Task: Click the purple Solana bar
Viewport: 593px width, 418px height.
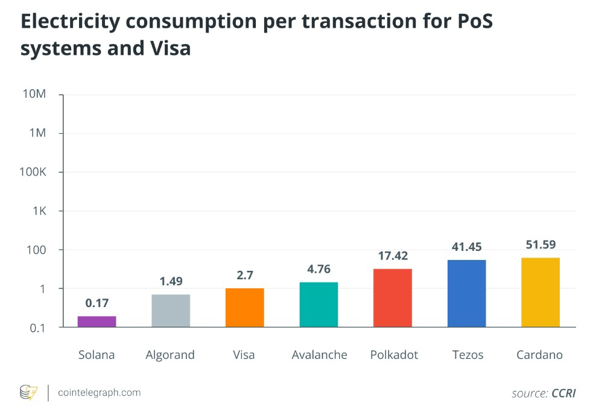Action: tap(97, 321)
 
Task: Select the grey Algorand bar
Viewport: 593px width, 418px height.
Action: tap(171, 311)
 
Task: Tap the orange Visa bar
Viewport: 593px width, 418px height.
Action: tap(244, 308)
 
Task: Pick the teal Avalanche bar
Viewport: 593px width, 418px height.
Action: tap(319, 305)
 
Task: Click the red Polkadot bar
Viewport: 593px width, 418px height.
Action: tap(393, 298)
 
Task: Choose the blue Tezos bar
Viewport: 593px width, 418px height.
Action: tap(466, 293)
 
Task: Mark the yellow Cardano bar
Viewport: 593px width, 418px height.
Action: tap(541, 292)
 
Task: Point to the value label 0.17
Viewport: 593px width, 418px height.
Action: tap(97, 303)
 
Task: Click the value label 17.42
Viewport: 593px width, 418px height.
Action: tap(393, 256)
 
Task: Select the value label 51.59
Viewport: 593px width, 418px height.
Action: tap(541, 244)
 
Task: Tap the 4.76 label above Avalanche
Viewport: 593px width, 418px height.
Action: tap(319, 269)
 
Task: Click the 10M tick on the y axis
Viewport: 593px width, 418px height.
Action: tap(34, 95)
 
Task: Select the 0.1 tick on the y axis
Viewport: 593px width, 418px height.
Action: tap(36, 328)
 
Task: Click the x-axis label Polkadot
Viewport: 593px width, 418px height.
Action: tap(394, 355)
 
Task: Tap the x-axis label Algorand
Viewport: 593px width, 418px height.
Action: tap(170, 355)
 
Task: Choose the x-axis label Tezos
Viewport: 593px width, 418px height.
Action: tap(468, 355)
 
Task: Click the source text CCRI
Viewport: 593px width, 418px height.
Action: tap(563, 393)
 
